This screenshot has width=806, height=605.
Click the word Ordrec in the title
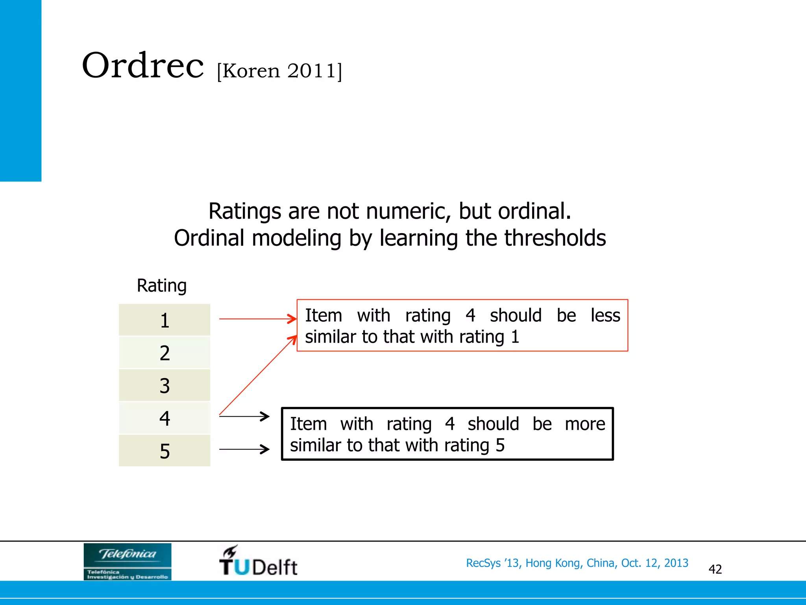142,66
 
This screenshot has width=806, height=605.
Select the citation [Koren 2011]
279,71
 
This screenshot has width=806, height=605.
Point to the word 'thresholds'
555,238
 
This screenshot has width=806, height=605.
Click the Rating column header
161,286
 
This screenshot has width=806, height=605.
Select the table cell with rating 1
165,320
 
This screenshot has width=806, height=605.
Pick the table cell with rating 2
165,353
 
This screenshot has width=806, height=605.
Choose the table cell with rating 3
165,386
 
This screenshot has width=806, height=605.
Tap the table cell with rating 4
165,418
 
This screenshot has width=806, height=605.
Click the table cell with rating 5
165,451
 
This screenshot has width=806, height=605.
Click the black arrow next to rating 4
244,416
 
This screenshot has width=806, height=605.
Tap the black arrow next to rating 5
244,449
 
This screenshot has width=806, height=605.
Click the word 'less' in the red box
605,315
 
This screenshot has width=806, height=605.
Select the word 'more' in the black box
585,424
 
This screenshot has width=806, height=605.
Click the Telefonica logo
128,561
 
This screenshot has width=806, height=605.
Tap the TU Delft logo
258,561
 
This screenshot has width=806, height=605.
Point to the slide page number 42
715,569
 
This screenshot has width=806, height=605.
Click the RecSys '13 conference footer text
577,563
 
